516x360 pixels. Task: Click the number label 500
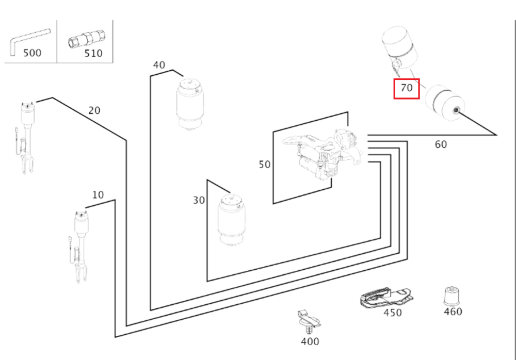pos(33,53)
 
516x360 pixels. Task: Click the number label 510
pos(93,53)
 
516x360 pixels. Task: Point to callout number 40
pos(159,65)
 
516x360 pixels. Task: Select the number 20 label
pos(94,110)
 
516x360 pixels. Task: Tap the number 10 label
pos(98,195)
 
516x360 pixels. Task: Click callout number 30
pos(199,201)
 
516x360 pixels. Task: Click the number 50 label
pos(264,165)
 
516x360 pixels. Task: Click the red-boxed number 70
pos(407,88)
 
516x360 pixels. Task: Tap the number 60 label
pos(441,144)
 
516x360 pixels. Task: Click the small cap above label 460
pos(452,296)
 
